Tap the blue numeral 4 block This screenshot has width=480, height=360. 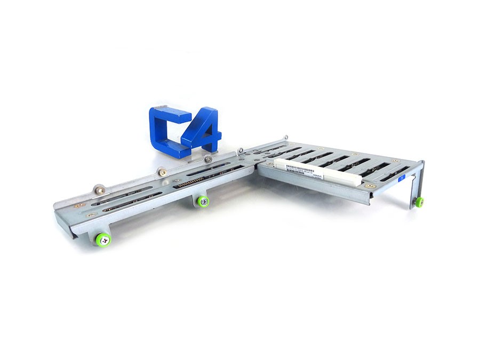(x=202, y=130)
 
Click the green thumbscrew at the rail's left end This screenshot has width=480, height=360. (x=103, y=239)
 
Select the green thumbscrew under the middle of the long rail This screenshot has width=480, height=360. (x=203, y=201)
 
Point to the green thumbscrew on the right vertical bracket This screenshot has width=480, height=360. (x=419, y=202)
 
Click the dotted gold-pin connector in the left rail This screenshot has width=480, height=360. (x=189, y=182)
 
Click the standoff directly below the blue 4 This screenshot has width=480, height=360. (x=208, y=158)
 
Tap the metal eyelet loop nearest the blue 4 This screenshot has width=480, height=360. (x=241, y=151)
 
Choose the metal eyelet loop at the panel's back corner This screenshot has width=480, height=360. (x=285, y=138)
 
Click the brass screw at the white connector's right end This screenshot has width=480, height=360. (x=369, y=186)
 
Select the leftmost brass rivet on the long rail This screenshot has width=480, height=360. (x=78, y=205)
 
